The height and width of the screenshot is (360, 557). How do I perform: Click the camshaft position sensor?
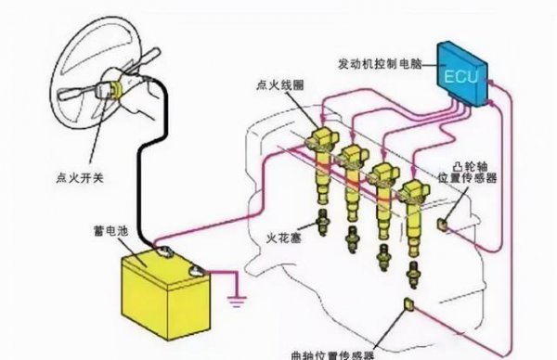pyautogui.click(x=446, y=222)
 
